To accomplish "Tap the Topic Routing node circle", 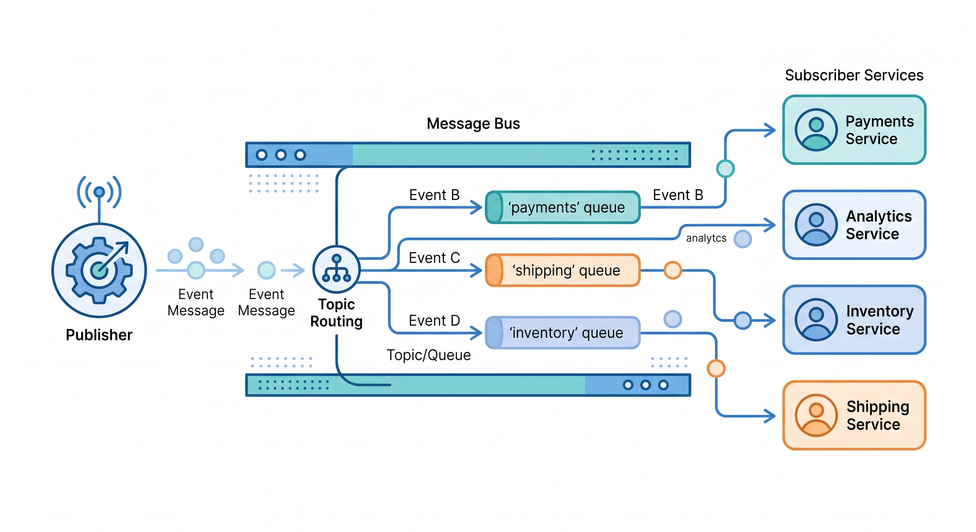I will (337, 269).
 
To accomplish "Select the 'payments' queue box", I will (563, 207).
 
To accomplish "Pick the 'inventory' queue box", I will (563, 333).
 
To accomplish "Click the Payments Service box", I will (854, 130).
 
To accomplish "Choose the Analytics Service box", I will (854, 225).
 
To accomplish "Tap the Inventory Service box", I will (854, 320).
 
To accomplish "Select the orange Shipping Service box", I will (854, 415).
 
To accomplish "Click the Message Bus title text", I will (473, 123).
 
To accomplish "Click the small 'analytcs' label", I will (706, 238).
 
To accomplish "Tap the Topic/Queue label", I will (428, 355).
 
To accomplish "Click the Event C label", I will (434, 258).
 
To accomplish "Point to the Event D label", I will (434, 321).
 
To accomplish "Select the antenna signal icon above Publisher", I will (99, 192).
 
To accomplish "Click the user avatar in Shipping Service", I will (816, 415).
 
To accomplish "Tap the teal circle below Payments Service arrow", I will (725, 168).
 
